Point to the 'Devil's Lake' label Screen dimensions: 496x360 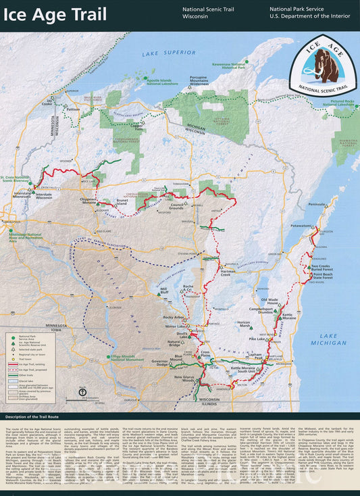pos(186,334)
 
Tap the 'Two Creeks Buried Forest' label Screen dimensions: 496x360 pos(326,268)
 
